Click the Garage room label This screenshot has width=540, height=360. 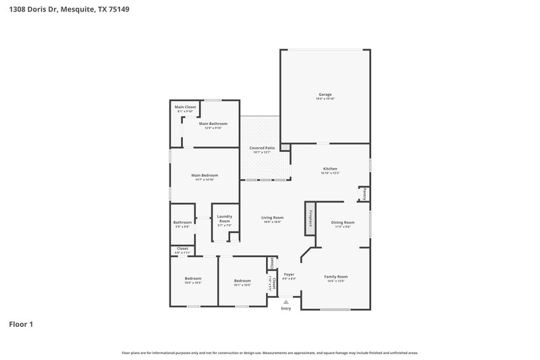tap(325, 94)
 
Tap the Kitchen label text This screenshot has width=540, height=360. tap(330, 168)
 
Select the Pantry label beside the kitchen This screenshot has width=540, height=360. tap(363, 194)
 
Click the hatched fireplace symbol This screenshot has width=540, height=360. tap(310, 218)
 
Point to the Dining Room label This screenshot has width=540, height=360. tap(342, 222)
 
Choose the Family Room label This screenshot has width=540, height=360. tap(335, 276)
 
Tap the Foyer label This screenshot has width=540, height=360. tap(289, 274)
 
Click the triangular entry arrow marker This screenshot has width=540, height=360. tap(286, 302)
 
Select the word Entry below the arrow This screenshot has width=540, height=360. tap(286, 309)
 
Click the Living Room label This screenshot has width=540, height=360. tap(272, 217)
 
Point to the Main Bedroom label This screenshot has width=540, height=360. tap(205, 175)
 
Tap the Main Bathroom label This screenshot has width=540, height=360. tap(213, 124)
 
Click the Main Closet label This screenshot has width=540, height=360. tap(185, 107)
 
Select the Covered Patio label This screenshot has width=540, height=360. tap(261, 147)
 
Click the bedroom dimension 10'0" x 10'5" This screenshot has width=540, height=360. tap(193, 284)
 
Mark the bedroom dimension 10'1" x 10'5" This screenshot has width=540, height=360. tap(242, 285)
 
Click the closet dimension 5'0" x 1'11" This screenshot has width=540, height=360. tap(182, 253)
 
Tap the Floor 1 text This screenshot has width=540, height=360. tap(21, 325)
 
